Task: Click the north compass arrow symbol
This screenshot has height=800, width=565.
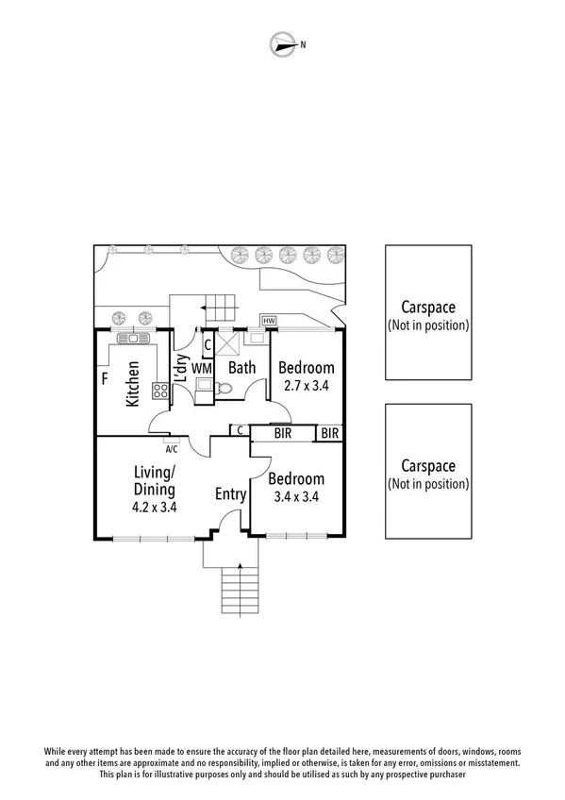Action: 283,42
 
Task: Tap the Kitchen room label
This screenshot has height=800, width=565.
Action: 133,383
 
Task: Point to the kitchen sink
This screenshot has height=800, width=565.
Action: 133,338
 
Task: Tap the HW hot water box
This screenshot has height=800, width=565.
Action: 269,322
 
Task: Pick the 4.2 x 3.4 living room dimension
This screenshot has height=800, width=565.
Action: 155,507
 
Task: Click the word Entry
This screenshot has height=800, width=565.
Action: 231,494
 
